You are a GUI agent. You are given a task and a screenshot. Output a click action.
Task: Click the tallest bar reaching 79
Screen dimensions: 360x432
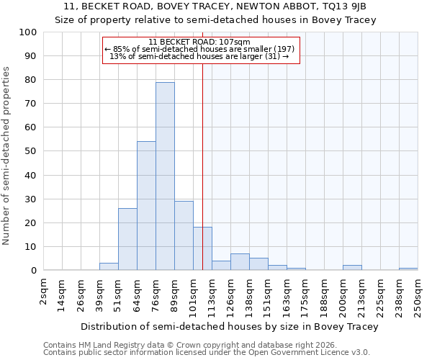point(165,176)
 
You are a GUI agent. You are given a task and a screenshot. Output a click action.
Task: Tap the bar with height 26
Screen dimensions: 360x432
point(127,239)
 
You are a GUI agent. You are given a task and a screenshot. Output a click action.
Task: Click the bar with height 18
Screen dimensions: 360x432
point(202,248)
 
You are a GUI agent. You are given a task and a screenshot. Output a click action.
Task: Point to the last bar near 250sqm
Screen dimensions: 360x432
point(408,269)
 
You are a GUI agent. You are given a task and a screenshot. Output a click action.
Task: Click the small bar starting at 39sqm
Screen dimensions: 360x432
point(109,266)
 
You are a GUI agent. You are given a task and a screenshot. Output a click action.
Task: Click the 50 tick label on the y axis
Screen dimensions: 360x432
point(31,151)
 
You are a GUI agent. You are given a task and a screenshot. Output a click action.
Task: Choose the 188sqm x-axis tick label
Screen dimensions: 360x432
point(325,295)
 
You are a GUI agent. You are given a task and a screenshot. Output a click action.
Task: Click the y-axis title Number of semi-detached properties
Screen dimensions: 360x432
point(6,156)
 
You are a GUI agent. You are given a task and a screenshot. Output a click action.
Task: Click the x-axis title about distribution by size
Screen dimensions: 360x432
point(230,326)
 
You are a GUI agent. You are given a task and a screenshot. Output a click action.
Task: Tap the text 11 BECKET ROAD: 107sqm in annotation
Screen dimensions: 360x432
point(199,42)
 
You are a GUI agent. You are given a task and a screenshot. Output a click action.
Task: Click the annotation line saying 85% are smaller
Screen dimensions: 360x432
point(199,49)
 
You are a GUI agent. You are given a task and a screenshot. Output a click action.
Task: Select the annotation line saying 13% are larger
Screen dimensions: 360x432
point(199,56)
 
